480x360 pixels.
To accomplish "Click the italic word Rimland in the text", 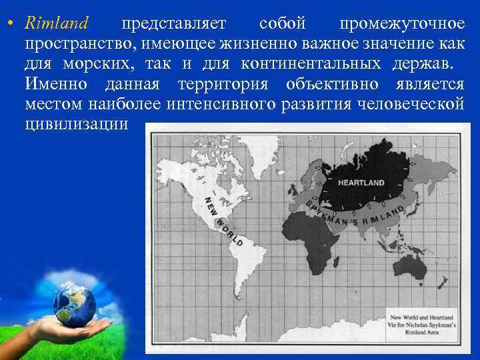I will point(56,25).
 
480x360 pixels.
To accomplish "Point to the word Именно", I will point(58,85).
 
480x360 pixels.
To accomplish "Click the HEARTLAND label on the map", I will point(361,181).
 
